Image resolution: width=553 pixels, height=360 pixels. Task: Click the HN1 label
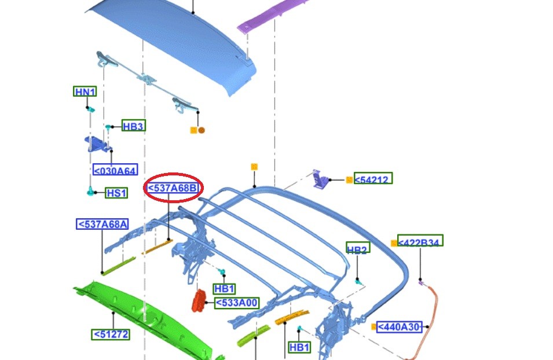(x=85, y=91)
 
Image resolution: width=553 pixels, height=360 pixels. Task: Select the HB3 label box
(x=134, y=126)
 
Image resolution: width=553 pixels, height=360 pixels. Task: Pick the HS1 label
(x=116, y=193)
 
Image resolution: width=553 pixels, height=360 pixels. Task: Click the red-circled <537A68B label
(x=173, y=188)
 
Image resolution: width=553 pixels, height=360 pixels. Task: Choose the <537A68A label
(x=102, y=224)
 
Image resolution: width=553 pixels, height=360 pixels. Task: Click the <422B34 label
(x=420, y=241)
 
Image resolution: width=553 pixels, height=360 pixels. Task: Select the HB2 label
(x=358, y=248)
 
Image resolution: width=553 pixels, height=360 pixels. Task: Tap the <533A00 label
(x=237, y=303)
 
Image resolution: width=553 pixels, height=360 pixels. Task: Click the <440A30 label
(x=399, y=327)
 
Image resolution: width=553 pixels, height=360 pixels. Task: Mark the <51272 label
(x=111, y=335)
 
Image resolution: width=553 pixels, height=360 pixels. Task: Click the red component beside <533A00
(x=199, y=301)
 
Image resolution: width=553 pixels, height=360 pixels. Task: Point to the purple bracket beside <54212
(x=320, y=179)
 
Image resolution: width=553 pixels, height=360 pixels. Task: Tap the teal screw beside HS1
(x=91, y=191)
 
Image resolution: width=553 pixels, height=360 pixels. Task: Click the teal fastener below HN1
(x=90, y=109)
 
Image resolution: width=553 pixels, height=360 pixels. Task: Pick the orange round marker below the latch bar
(x=202, y=130)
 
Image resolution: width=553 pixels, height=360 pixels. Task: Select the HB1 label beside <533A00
(x=224, y=289)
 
